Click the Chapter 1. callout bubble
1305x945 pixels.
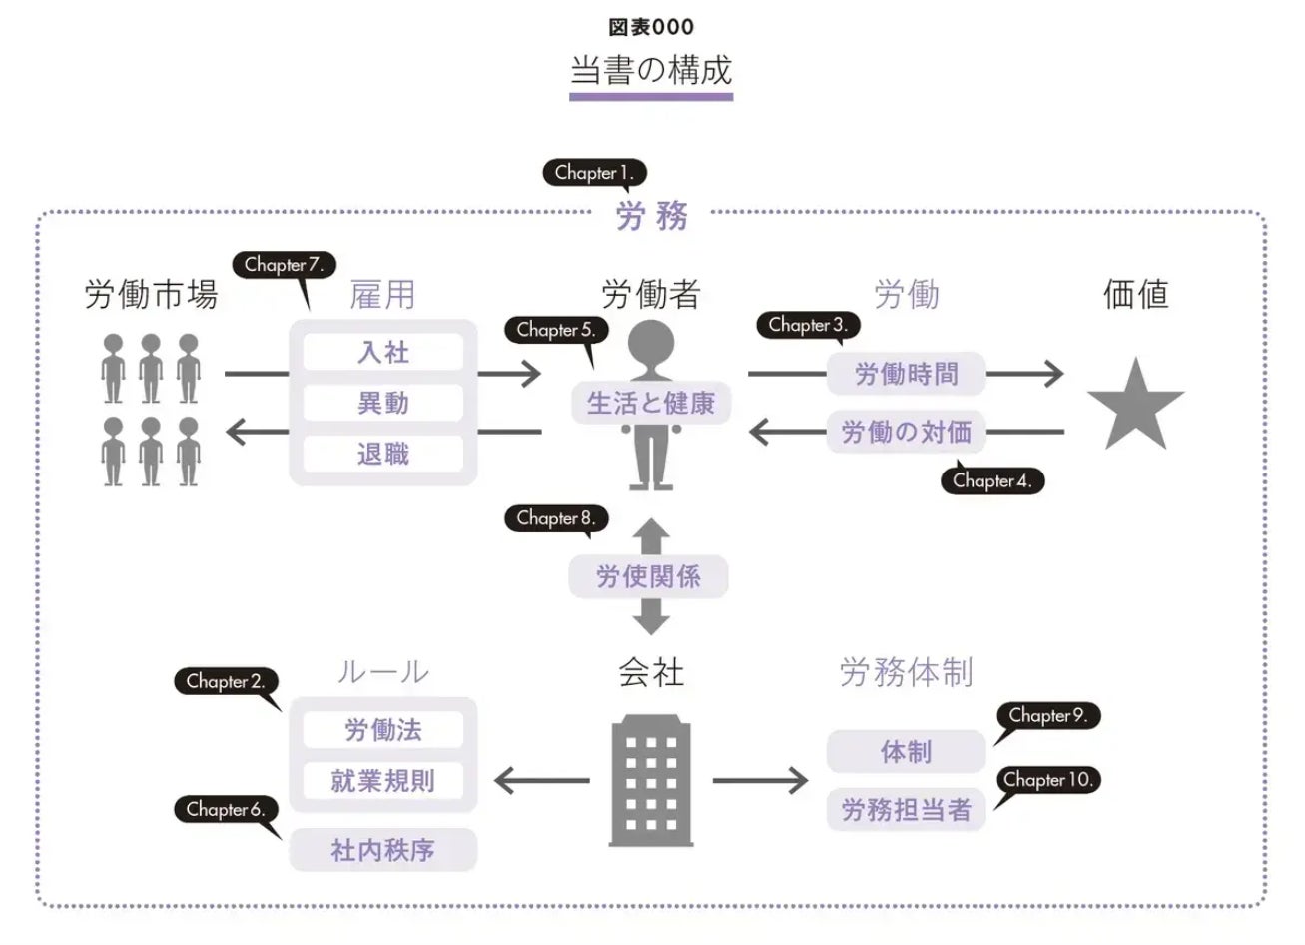[594, 173]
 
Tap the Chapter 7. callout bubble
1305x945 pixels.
[285, 265]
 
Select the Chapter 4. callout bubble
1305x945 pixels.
[991, 480]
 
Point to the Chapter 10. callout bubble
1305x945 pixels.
[1049, 780]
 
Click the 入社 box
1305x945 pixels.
[383, 353]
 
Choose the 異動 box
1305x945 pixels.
[383, 404]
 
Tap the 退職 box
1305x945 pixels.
[383, 455]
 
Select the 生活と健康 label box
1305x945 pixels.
[650, 404]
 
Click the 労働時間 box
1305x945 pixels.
[906, 374]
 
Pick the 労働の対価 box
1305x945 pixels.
[906, 432]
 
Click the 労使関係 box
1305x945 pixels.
[648, 577]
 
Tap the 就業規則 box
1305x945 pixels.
[383, 781]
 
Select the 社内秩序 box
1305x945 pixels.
[383, 851]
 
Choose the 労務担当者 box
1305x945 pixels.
[906, 810]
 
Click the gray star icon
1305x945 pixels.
[1135, 406]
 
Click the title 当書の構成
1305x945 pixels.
[651, 70]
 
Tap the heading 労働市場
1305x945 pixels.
[151, 295]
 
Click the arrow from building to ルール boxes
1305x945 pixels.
[542, 781]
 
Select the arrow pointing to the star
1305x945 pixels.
[1026, 374]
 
